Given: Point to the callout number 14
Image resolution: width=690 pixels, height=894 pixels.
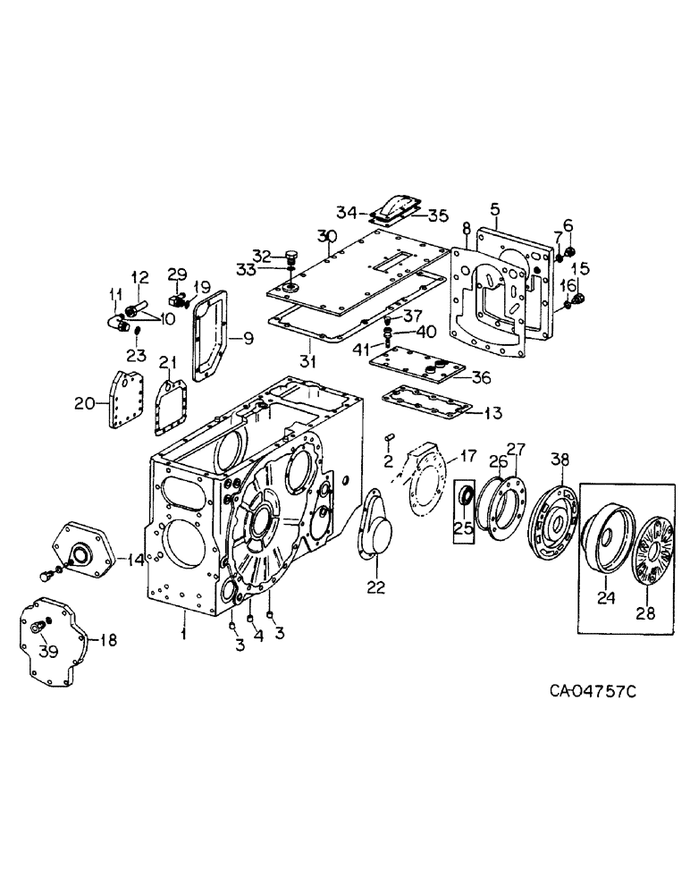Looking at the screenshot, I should click(134, 561).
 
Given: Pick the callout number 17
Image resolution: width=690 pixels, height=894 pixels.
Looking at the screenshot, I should click(468, 457).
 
